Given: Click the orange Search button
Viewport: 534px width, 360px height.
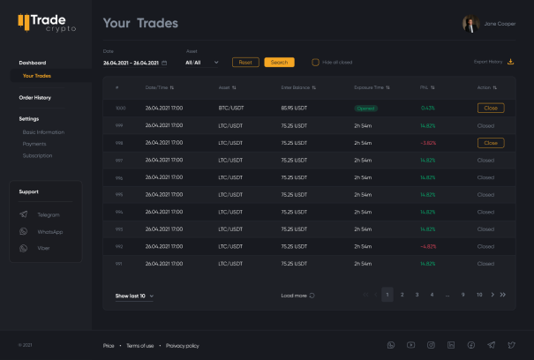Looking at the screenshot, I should point(279,63).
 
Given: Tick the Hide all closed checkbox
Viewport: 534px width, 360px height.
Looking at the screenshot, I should point(315,63).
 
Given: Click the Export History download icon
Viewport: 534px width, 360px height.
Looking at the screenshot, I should point(510,62).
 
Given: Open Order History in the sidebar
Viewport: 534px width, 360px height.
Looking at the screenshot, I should point(35,97).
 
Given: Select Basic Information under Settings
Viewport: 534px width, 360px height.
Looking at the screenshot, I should point(43,131).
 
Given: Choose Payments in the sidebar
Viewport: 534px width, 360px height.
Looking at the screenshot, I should point(34,143).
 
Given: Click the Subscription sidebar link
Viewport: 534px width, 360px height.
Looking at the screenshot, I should point(38,155).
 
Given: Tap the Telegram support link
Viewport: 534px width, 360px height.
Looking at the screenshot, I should point(48,214).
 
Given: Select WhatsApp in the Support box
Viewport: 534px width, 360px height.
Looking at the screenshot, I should point(49,231).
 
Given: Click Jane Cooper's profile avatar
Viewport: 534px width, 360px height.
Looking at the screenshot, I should point(470,24).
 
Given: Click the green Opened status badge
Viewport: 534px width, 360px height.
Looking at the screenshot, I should point(365,108).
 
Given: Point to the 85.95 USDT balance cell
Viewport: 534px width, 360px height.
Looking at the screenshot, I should point(294,108).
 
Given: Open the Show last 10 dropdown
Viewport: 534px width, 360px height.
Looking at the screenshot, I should point(135,296).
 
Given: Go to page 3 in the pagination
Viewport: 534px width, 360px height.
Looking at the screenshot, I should point(417,295).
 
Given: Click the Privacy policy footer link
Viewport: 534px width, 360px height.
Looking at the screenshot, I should point(182,345).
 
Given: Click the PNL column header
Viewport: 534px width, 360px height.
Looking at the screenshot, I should point(427,87).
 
